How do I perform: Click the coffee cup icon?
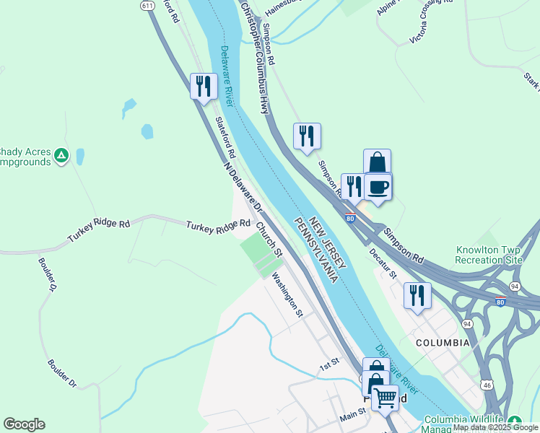(378, 188)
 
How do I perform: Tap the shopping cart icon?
(385, 396)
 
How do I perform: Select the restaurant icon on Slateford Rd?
(204, 86)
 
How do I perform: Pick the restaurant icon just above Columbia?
(417, 295)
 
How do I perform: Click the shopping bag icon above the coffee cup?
(377, 162)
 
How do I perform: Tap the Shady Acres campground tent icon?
(62, 154)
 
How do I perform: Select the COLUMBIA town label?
(443, 342)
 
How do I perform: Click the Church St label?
(269, 239)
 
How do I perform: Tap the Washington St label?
(287, 294)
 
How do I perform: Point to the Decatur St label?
(383, 263)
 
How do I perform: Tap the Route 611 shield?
(148, 5)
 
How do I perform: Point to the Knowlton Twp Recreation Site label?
(489, 255)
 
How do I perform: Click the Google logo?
(24, 424)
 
